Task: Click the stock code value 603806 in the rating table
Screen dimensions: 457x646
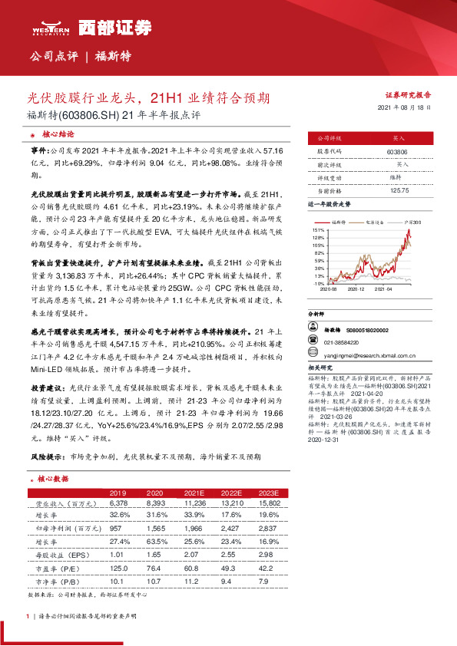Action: coord(397,153)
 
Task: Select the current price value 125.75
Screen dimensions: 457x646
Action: coord(397,189)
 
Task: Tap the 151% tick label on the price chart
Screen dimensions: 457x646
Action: coord(318,229)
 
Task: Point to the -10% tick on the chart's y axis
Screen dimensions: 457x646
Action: coord(318,283)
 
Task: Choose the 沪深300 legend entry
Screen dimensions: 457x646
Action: coord(412,220)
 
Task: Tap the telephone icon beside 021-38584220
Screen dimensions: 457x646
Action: coord(315,343)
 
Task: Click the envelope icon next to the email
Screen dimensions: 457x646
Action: coord(315,355)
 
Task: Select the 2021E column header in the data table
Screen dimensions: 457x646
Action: coord(192,492)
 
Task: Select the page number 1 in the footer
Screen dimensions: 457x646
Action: coord(28,616)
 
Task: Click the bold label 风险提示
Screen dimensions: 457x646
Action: coord(48,456)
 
